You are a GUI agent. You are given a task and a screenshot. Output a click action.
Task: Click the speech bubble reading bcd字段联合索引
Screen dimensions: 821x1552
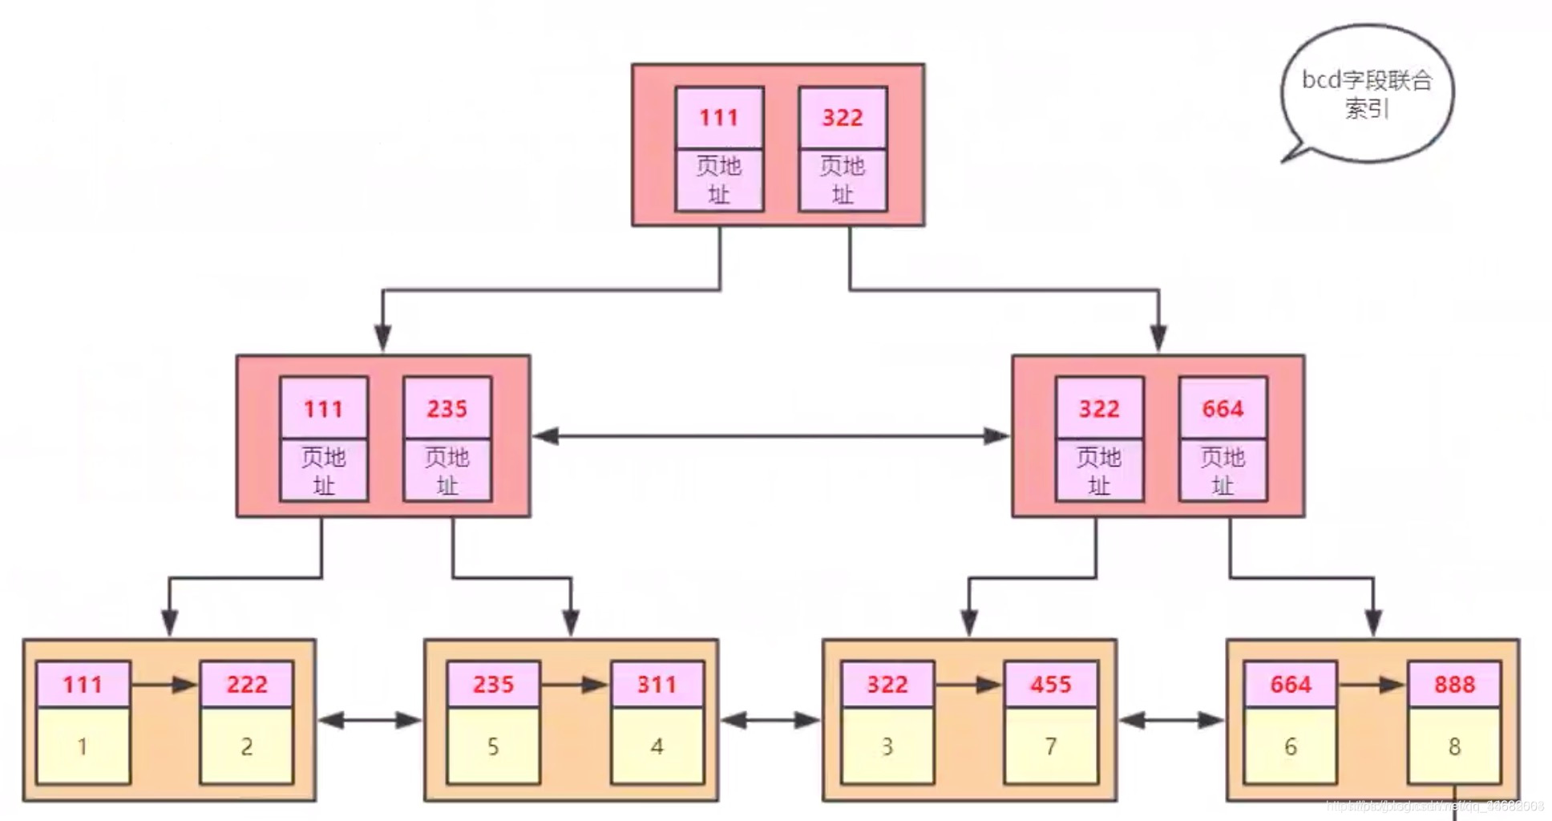1367,93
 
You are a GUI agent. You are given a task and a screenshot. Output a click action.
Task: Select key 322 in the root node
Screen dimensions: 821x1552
843,118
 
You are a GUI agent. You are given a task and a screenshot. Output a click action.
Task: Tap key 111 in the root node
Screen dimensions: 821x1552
719,118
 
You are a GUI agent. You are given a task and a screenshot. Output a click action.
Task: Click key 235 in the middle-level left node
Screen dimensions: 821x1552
447,409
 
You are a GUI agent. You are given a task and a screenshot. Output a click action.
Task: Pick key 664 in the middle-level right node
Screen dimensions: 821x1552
1223,409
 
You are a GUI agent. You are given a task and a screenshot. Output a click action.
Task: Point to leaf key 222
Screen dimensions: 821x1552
247,685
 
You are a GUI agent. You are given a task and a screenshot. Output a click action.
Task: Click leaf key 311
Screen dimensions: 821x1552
657,685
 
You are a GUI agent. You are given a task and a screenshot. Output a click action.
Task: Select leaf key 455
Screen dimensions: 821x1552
1051,685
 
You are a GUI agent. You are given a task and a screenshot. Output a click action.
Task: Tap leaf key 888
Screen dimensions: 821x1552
1454,685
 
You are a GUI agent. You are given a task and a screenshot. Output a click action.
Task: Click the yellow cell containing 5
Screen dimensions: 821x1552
493,746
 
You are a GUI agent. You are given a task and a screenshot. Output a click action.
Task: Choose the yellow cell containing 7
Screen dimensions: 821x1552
1051,746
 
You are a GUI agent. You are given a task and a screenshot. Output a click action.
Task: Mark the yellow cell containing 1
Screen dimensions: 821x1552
83,746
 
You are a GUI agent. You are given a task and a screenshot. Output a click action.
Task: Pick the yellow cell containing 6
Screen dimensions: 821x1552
1291,746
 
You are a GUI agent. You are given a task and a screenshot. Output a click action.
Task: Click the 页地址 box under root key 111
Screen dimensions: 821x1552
719,180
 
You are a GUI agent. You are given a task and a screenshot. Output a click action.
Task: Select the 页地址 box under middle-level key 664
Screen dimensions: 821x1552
1223,471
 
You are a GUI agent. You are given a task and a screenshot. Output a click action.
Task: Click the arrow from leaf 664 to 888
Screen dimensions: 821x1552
1372,685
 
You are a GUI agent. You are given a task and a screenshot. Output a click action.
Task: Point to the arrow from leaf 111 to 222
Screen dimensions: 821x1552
164,685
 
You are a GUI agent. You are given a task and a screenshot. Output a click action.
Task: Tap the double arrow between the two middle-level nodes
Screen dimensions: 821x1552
770,436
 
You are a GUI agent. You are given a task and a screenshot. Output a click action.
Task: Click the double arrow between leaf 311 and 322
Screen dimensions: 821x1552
770,721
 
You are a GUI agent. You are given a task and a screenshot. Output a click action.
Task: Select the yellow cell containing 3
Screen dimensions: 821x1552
887,746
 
